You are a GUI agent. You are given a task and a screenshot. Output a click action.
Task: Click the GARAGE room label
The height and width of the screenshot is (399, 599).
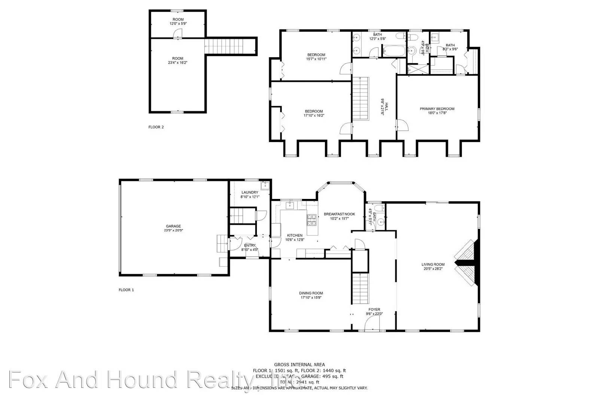[x=173, y=226]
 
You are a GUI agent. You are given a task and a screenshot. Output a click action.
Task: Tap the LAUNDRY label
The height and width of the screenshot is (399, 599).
[x=250, y=193]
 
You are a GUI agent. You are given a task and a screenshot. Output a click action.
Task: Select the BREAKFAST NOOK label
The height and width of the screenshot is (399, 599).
[x=339, y=214]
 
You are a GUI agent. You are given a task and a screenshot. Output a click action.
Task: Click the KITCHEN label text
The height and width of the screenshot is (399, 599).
[x=295, y=236]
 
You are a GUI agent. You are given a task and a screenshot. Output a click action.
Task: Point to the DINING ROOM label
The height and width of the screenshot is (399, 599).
[x=311, y=293]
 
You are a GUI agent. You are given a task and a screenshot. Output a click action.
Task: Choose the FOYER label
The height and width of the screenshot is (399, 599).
[x=374, y=310]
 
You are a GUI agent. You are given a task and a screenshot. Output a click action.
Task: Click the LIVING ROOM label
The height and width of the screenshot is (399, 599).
[x=433, y=264]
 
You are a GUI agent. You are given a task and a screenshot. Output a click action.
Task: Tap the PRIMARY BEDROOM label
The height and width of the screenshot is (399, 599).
[x=437, y=109]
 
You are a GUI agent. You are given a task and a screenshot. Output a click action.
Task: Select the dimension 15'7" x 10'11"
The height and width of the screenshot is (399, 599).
[x=314, y=59]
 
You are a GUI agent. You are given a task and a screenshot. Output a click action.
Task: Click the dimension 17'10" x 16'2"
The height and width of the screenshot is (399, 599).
[x=314, y=116]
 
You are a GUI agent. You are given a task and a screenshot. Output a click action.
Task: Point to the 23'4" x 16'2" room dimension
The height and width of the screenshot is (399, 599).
[x=177, y=63]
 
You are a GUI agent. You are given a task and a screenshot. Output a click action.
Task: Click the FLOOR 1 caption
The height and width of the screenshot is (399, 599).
[x=126, y=290]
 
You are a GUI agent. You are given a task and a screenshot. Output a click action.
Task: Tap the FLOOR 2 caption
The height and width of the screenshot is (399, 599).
[x=156, y=127]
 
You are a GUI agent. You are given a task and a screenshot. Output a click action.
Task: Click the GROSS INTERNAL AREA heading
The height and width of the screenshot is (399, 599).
[x=299, y=365]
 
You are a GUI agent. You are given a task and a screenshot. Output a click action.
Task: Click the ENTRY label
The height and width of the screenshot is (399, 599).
[x=250, y=245]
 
